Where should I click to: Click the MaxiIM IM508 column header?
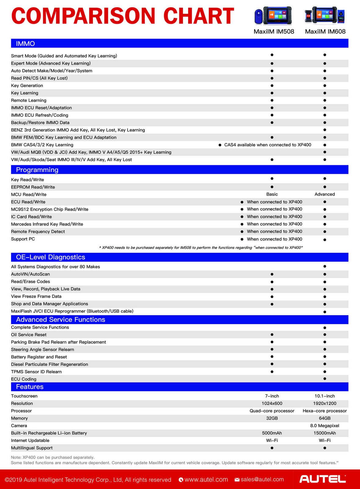click(x=274, y=31)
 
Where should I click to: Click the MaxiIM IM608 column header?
click(x=325, y=31)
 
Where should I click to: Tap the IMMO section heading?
click(x=25, y=44)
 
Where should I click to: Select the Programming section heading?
click(x=37, y=170)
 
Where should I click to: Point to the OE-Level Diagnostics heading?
click(x=50, y=257)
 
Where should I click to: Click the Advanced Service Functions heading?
click(x=60, y=320)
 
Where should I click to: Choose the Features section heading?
click(x=30, y=387)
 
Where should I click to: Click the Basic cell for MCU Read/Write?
click(x=272, y=194)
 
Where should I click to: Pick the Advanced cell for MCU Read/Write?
click(x=325, y=194)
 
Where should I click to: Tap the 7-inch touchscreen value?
click(x=272, y=396)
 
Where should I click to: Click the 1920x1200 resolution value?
click(x=325, y=403)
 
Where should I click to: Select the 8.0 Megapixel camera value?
click(x=325, y=426)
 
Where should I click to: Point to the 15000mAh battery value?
click(x=325, y=433)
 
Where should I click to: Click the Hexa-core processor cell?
click(x=325, y=411)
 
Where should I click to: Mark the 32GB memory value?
click(x=272, y=418)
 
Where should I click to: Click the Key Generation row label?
click(x=27, y=86)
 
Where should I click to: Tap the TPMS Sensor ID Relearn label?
click(x=36, y=372)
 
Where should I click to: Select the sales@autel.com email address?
click(x=262, y=480)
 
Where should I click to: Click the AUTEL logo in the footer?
click(x=322, y=479)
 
